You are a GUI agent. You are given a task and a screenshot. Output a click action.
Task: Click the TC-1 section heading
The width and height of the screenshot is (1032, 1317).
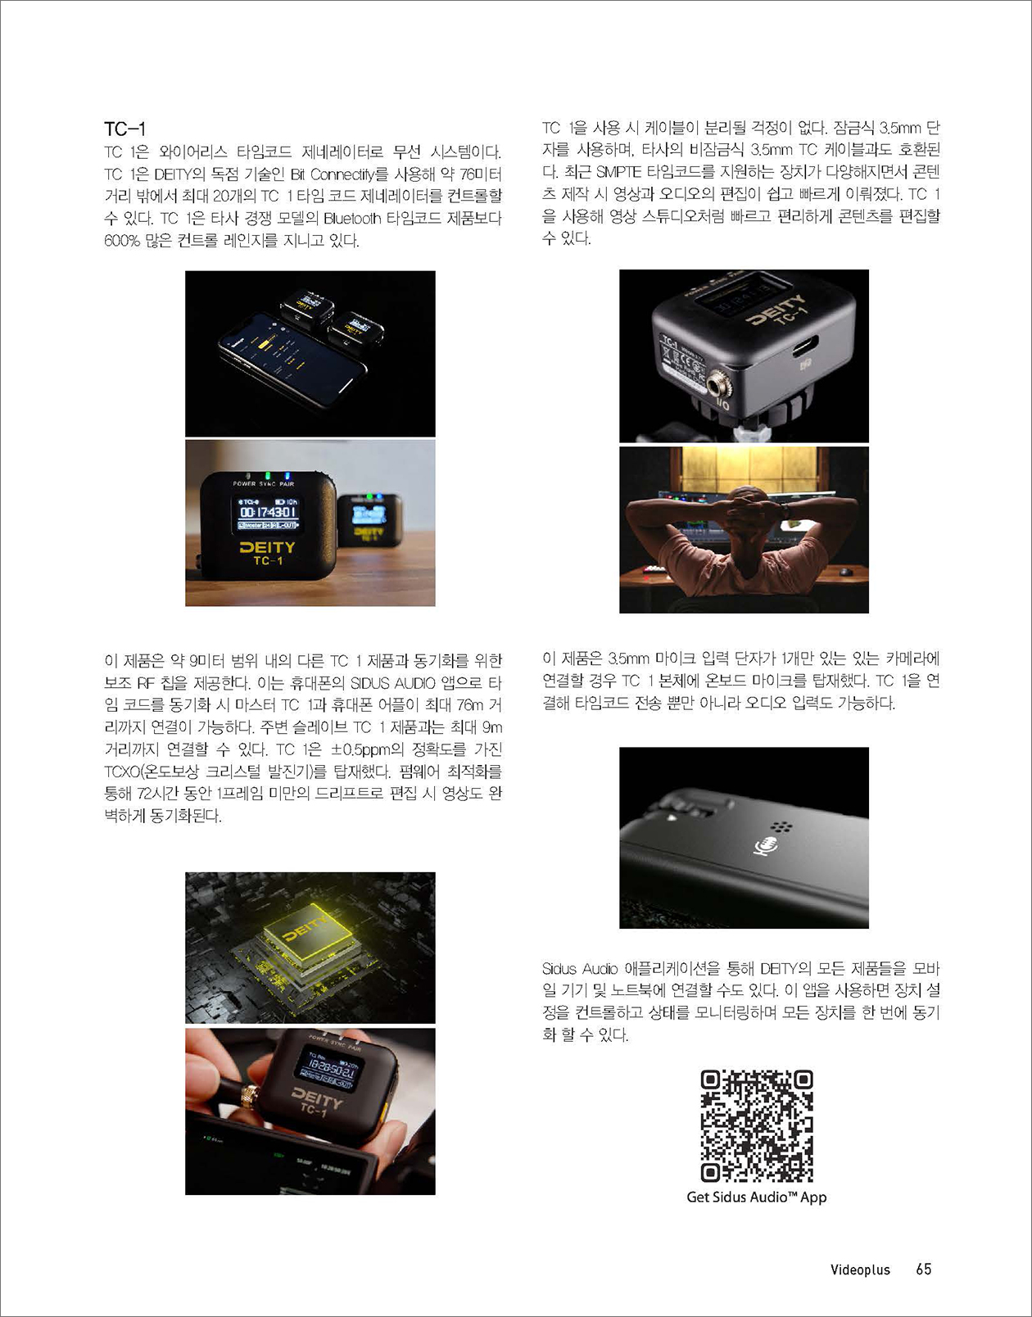point(124,129)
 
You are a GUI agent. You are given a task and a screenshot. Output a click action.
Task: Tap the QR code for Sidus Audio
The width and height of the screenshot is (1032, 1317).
point(756,1126)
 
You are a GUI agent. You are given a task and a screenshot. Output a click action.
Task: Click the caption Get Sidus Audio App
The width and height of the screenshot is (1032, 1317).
point(756,1197)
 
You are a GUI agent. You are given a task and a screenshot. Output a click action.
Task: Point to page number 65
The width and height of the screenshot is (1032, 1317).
point(924,1269)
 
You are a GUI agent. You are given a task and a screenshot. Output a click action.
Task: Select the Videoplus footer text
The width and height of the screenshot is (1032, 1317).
point(860,1269)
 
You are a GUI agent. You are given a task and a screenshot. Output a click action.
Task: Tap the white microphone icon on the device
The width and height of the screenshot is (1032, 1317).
point(766,845)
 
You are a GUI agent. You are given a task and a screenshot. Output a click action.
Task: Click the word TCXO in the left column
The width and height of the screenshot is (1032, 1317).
point(121,772)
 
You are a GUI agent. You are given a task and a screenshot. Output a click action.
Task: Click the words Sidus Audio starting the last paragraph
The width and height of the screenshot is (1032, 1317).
point(580,969)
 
